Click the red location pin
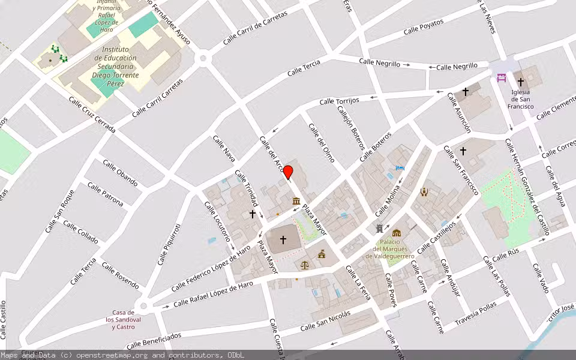pyautogui.click(x=288, y=172)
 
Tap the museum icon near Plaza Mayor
pyautogui.click(x=296, y=200)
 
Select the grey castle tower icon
pyautogui.click(x=379, y=229)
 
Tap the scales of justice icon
pyautogui.click(x=305, y=264)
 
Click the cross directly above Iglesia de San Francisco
pyautogui.click(x=520, y=82)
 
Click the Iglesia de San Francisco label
pyautogui.click(x=520, y=99)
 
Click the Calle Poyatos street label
pyautogui.click(x=423, y=26)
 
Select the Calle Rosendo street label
pyautogui.click(x=120, y=274)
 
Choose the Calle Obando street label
pyautogui.click(x=120, y=173)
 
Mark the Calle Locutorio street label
pyautogui.click(x=218, y=224)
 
